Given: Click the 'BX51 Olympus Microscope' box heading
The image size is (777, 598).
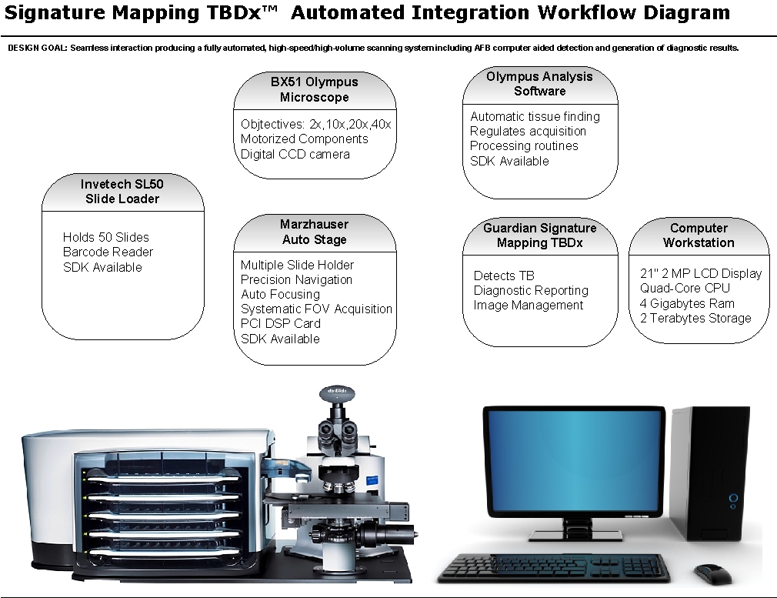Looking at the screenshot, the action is pyautogui.click(x=315, y=89).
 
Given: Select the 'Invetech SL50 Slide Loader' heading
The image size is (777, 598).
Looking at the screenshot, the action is pyautogui.click(x=122, y=192).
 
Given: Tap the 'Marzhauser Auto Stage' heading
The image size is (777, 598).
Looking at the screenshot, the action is pyautogui.click(x=314, y=232).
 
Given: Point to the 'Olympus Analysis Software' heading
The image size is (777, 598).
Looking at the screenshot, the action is pyautogui.click(x=539, y=84).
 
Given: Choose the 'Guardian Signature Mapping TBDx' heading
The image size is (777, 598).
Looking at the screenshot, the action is pyautogui.click(x=539, y=235).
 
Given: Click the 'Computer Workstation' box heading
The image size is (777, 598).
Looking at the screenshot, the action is pyautogui.click(x=699, y=235).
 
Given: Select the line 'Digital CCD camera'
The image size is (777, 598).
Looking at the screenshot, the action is pyautogui.click(x=295, y=154).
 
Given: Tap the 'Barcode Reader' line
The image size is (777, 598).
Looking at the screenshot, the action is pyautogui.click(x=108, y=252).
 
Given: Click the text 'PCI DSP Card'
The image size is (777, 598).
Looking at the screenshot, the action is pyautogui.click(x=281, y=323).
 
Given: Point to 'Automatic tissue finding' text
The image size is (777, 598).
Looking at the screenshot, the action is pyautogui.click(x=535, y=116).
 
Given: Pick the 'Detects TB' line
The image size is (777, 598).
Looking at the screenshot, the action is pyautogui.click(x=504, y=276).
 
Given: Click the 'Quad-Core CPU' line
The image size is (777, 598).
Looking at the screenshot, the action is pyautogui.click(x=685, y=288).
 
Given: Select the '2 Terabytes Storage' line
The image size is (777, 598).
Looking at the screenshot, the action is pyautogui.click(x=695, y=318).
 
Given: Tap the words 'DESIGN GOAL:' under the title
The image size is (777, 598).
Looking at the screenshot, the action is pyautogui.click(x=38, y=48).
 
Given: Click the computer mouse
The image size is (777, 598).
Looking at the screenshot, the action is pyautogui.click(x=712, y=574).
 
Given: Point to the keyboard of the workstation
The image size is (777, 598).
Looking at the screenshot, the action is pyautogui.click(x=553, y=568).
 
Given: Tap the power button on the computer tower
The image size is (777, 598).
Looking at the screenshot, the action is pyautogui.click(x=733, y=498).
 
